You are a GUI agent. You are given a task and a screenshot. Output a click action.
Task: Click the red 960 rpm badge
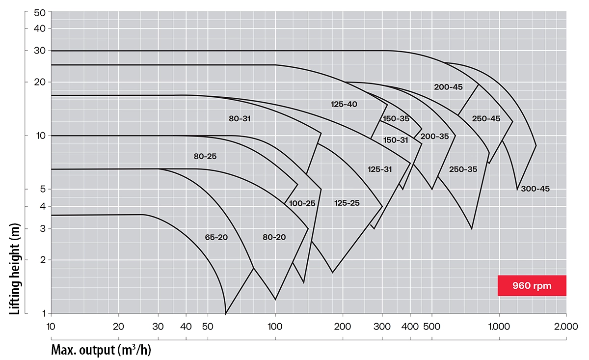click(532, 285)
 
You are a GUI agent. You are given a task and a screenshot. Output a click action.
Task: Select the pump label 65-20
click(216, 237)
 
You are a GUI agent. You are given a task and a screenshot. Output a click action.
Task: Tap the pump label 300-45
click(535, 189)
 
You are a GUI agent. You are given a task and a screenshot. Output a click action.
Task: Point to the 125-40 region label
click(344, 104)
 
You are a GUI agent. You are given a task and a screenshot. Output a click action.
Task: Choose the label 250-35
click(463, 169)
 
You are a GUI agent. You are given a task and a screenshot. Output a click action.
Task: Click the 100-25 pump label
click(302, 203)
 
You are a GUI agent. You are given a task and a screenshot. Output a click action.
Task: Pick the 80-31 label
click(241, 118)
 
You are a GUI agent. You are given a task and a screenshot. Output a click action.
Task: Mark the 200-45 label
click(448, 87)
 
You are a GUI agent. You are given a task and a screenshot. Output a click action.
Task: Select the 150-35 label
click(396, 118)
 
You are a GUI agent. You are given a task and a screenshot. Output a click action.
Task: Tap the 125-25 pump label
click(347, 203)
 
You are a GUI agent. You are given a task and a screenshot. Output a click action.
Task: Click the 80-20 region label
click(274, 237)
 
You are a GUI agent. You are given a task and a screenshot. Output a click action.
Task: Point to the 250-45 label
click(486, 118)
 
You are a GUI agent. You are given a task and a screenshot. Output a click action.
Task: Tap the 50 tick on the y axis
click(40, 12)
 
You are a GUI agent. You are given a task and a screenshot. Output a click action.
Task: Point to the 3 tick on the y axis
click(42, 228)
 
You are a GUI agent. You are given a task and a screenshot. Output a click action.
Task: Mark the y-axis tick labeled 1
click(43, 313)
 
